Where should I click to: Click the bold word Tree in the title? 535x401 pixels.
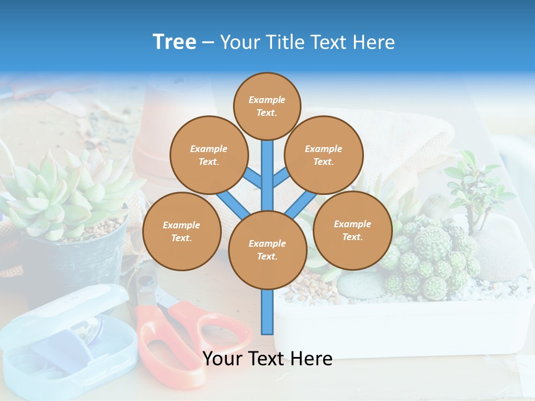click(174, 42)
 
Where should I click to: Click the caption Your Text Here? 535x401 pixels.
click(267, 359)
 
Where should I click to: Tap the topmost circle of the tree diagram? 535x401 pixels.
click(267, 106)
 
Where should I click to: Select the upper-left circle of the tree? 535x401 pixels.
click(208, 155)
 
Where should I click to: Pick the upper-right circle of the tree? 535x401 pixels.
click(323, 155)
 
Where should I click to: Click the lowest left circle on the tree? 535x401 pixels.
click(182, 231)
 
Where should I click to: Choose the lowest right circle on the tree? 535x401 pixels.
click(352, 230)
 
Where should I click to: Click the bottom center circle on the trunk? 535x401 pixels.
click(267, 250)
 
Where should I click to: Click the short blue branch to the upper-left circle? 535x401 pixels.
click(252, 178)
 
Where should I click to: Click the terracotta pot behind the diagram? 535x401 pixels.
click(153, 139)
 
